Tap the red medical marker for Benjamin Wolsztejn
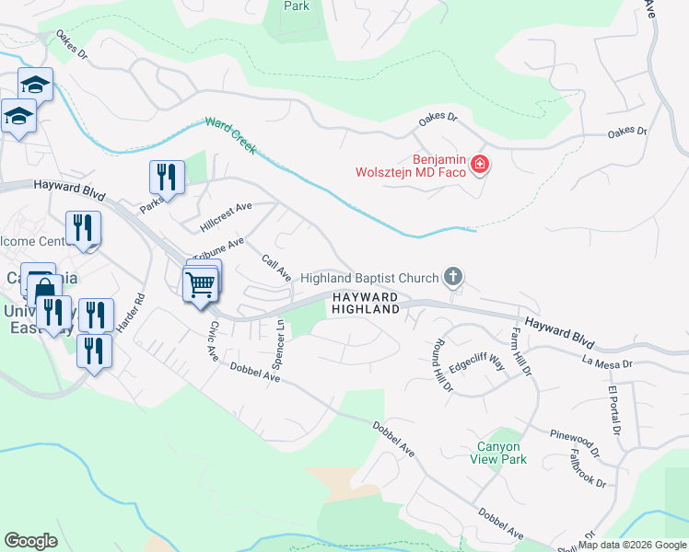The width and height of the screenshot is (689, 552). (x=480, y=165)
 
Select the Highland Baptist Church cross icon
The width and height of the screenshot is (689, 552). (x=452, y=276)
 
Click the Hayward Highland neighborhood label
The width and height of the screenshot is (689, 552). (x=366, y=304)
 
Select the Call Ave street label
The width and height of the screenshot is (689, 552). (x=276, y=269)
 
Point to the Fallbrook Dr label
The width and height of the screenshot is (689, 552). (x=587, y=468)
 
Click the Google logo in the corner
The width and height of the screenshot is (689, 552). (x=31, y=541)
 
